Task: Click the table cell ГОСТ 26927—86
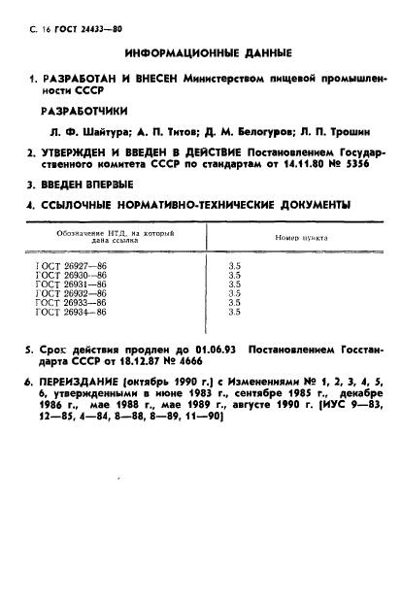point(72,266)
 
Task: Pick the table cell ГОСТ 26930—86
point(72,275)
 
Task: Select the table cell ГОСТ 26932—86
point(72,294)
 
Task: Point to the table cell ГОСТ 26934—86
point(72,313)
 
